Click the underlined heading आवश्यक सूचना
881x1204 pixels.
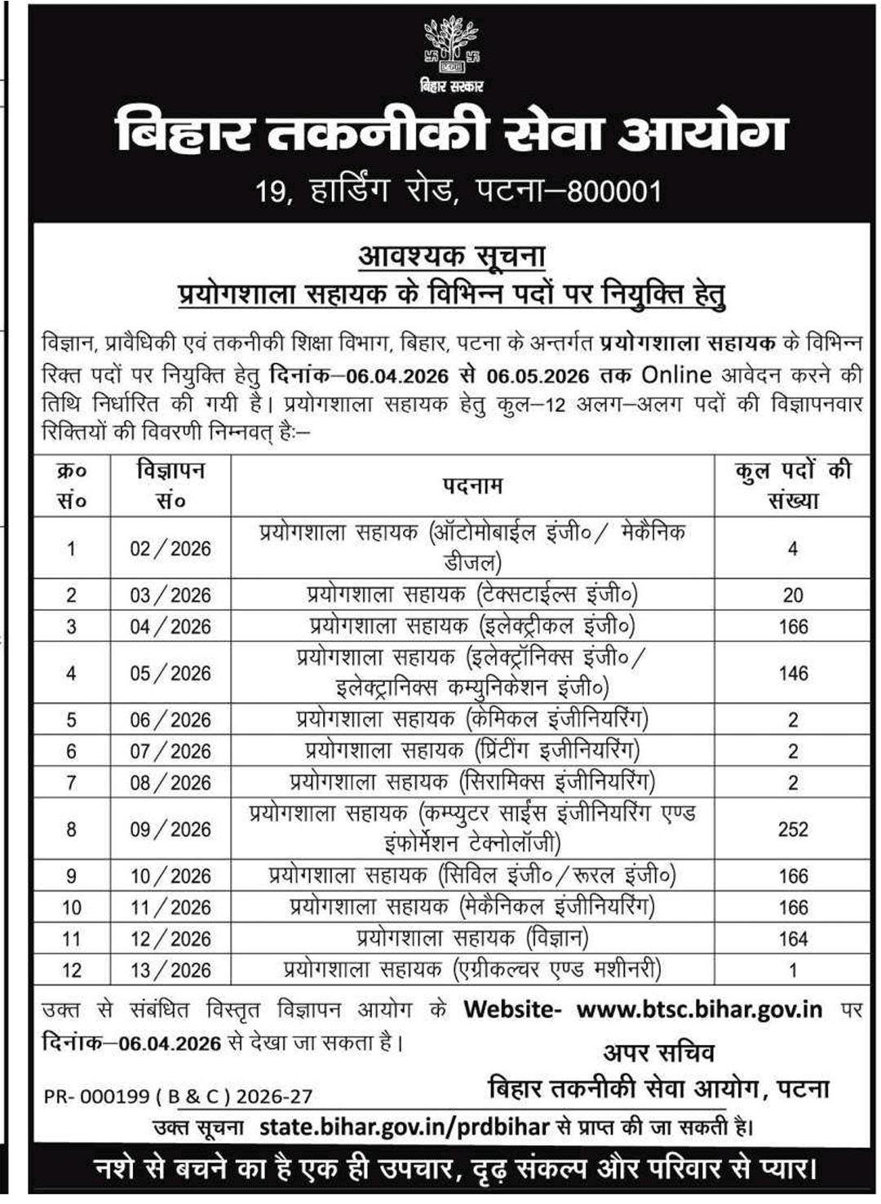pyautogui.click(x=451, y=256)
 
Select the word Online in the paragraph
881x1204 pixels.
pyautogui.click(x=676, y=374)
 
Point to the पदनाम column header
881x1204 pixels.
pyautogui.click(x=472, y=485)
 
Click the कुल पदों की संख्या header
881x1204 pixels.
pyautogui.click(x=792, y=485)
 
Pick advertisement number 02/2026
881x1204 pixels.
pyautogui.click(x=170, y=548)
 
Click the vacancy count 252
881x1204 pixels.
pyautogui.click(x=793, y=829)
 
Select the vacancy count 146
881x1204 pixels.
pyautogui.click(x=793, y=673)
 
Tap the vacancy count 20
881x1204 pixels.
pyautogui.click(x=793, y=595)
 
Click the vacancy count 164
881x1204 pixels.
pyautogui.click(x=793, y=939)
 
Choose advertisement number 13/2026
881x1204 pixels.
pyautogui.click(x=170, y=970)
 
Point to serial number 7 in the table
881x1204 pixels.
pyautogui.click(x=72, y=782)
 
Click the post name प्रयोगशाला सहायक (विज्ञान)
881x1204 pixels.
pyautogui.click(x=472, y=938)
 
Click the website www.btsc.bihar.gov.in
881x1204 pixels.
pyautogui.click(x=699, y=1009)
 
